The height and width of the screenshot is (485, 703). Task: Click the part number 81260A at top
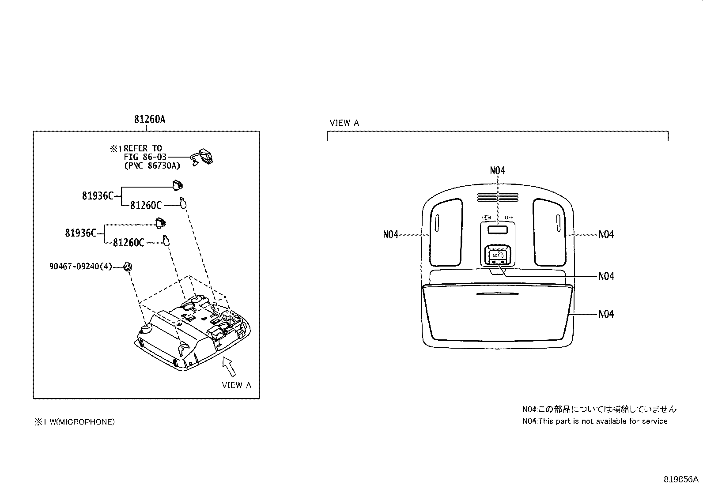[x=149, y=119]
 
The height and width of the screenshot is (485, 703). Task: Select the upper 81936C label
[x=98, y=195]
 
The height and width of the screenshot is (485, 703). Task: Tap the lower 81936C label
[x=81, y=233]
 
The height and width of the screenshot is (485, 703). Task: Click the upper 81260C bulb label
[x=146, y=205]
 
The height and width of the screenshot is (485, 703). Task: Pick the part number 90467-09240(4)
[x=80, y=267]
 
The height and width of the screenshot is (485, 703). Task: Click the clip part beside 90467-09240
[x=128, y=267]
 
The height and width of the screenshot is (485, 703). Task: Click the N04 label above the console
[x=498, y=170]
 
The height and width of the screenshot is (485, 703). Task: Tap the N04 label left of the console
[x=391, y=235]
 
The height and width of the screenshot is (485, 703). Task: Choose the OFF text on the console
[x=509, y=218]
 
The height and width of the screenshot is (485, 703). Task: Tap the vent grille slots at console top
[x=497, y=197]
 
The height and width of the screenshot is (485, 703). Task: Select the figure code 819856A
[x=680, y=479]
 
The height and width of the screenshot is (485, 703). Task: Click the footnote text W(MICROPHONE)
[x=80, y=422]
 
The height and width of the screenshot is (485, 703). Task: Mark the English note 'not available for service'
[x=594, y=421]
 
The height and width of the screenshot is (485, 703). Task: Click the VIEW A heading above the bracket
[x=344, y=123]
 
